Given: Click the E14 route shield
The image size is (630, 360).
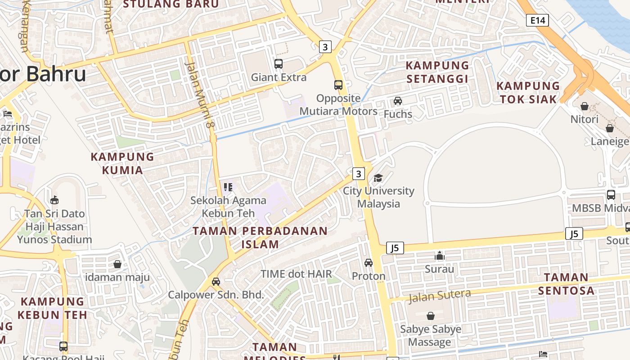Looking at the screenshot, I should (x=537, y=20).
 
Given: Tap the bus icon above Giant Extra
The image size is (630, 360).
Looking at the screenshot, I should (x=279, y=64).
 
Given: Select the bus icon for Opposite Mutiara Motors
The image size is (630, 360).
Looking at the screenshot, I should (x=338, y=85).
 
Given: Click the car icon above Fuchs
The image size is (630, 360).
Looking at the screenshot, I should (x=398, y=100).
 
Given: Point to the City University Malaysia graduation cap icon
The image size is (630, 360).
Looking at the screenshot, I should (x=378, y=178).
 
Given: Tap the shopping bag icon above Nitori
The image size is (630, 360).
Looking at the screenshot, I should (x=584, y=106).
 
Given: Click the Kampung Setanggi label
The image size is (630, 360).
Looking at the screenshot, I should (x=437, y=72).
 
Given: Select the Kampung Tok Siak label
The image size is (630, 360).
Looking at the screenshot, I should (x=528, y=92).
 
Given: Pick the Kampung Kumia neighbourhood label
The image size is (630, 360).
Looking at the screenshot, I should (x=122, y=163).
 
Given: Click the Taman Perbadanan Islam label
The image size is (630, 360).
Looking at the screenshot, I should (x=260, y=238).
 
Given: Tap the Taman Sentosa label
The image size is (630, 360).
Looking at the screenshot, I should (x=566, y=283).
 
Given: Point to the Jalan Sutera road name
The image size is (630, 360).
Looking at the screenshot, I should (x=440, y=296).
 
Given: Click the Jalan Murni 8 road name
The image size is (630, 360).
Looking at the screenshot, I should (x=198, y=94).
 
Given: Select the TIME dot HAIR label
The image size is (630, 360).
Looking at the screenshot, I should (x=296, y=274).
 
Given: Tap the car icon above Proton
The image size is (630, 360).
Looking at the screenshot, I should (x=369, y=262).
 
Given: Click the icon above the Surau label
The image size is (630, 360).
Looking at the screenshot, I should (x=440, y=256).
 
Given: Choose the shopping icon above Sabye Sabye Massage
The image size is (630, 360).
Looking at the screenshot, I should (x=431, y=316).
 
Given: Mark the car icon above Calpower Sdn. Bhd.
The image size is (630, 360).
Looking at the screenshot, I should (x=216, y=282).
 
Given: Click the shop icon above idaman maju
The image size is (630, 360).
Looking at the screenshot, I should (x=117, y=264).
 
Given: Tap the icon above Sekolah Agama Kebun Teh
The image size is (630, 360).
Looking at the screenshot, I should (x=228, y=187).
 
